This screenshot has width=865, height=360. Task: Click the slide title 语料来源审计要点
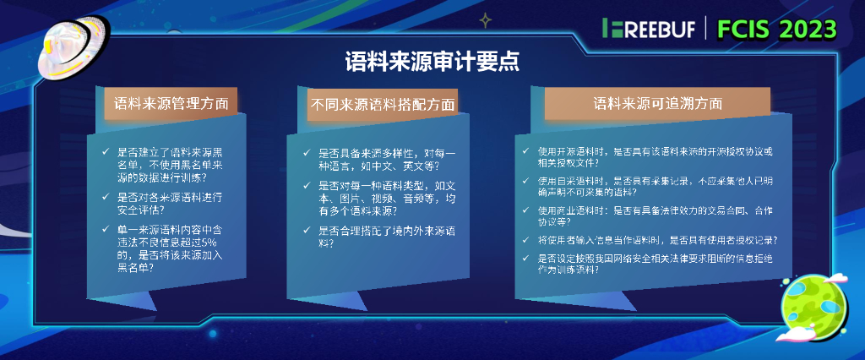coord(432,62)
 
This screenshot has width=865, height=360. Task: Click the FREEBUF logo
coord(649,29)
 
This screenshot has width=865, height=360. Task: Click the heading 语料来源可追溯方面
coord(657,104)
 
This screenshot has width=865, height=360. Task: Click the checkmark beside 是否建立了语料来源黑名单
coord(106,152)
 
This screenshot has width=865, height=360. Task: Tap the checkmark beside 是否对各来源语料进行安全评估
coord(106,197)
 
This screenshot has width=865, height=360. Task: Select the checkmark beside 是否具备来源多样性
coord(307,153)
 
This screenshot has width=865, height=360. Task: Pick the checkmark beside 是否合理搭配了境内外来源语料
coord(307,230)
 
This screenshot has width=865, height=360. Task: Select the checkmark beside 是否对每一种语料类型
coord(307,183)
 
